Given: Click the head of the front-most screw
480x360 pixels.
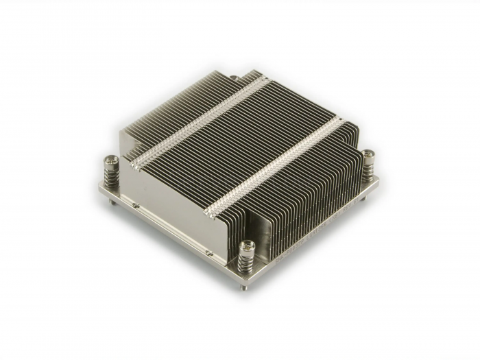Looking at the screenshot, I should [x=248, y=245].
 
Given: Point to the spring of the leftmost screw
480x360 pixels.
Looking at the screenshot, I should [x=112, y=176].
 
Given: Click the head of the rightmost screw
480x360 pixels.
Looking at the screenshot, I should [x=370, y=154].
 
